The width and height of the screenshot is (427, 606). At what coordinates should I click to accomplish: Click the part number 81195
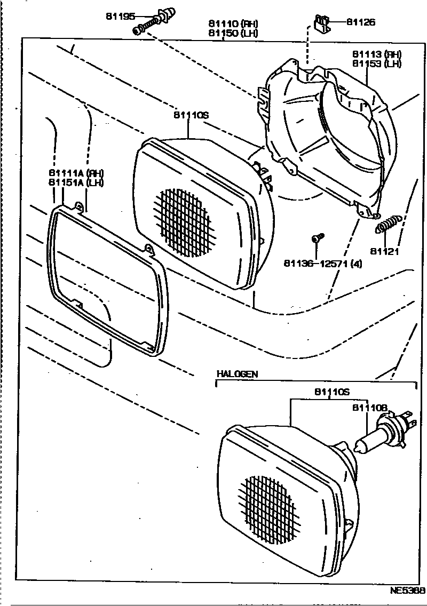point(121,17)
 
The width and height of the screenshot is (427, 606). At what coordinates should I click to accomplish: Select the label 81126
point(361,22)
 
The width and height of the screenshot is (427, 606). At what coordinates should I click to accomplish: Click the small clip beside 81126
point(322,25)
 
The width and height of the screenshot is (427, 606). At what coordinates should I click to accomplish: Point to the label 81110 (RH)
point(233,24)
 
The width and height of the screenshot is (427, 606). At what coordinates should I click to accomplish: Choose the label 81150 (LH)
point(233,33)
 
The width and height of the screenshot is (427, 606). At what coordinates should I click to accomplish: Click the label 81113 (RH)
point(376,54)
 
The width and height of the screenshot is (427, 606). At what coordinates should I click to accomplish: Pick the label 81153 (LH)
point(376,63)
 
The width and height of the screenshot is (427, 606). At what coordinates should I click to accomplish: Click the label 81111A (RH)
point(75,173)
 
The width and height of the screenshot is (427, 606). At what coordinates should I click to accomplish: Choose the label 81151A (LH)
point(75,182)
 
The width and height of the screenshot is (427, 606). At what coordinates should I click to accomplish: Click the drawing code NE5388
point(407,591)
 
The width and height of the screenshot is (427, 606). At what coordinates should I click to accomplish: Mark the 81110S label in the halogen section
point(331,392)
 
